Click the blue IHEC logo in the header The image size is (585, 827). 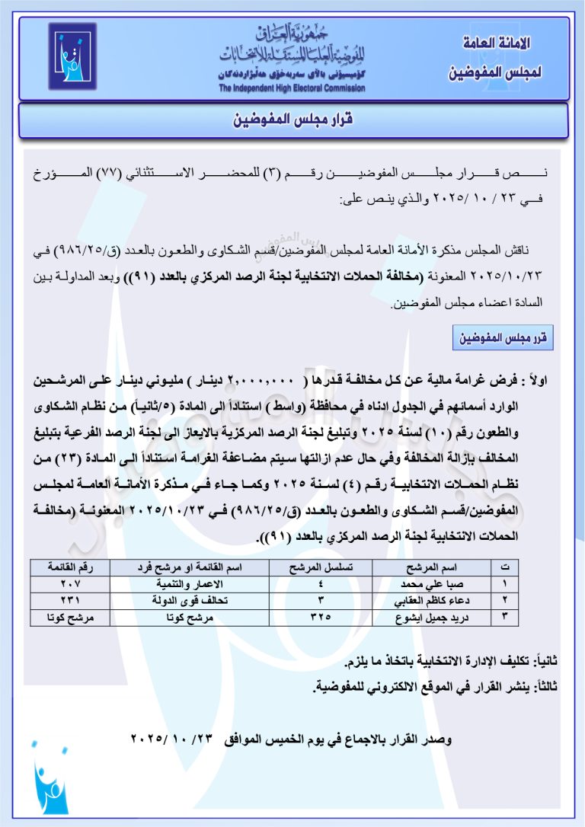click(x=73, y=57)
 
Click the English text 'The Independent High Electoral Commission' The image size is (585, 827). click(x=292, y=88)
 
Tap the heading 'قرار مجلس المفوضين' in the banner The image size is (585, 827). click(x=292, y=120)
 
